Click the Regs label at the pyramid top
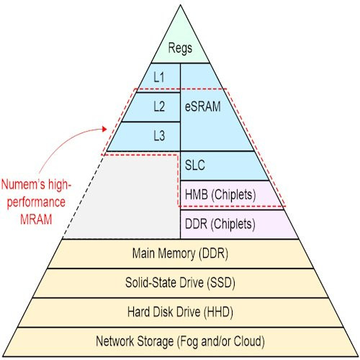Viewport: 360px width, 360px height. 180,49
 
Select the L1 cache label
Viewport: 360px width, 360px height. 159,77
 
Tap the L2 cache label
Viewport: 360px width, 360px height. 159,107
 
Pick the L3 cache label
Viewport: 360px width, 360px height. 159,135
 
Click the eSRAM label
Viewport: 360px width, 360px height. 203,107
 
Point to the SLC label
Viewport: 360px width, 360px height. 195,165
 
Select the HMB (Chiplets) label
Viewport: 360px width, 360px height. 220,194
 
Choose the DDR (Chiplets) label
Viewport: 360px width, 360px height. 220,224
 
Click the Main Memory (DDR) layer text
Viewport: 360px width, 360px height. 180,253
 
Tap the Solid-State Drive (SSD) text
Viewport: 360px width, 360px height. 180,283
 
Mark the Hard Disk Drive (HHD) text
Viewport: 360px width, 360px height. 180,312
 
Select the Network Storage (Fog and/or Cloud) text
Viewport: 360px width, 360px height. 180,341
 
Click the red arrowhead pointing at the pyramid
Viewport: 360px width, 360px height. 104,129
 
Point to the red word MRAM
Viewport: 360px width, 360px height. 36,220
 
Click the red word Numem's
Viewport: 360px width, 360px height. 23,184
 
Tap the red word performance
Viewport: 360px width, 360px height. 36,203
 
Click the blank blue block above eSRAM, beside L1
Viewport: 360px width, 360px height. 199,76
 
